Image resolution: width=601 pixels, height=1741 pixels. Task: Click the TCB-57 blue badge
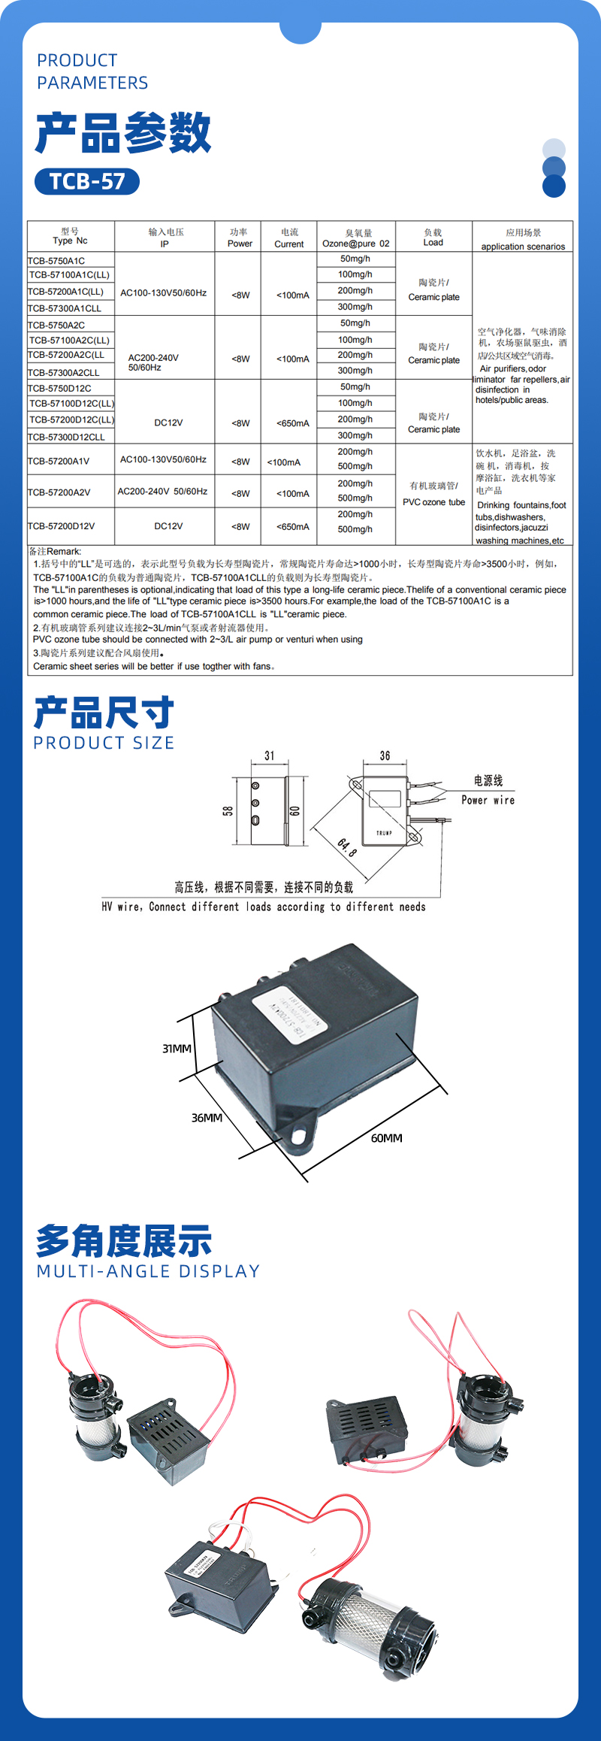(x=87, y=181)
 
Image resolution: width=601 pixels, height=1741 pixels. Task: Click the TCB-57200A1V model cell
(x=59, y=461)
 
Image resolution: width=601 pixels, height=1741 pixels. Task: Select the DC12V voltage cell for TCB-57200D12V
(x=168, y=526)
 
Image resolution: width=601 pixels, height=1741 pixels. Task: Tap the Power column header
(x=240, y=238)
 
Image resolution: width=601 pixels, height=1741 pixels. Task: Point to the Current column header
(x=289, y=238)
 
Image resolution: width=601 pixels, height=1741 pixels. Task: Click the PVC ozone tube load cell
(x=433, y=495)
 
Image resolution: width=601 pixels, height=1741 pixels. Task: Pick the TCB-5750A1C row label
(x=56, y=261)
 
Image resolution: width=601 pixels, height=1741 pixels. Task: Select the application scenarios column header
(x=523, y=239)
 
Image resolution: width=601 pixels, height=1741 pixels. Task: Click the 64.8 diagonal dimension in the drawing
(x=346, y=847)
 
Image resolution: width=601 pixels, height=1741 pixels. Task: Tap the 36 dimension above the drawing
(x=385, y=755)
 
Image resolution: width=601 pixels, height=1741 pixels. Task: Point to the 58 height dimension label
(x=228, y=810)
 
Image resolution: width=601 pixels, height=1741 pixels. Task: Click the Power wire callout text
(x=488, y=800)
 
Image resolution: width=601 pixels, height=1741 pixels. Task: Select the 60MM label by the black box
(x=386, y=1138)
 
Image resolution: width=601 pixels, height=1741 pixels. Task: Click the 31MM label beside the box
(x=177, y=1049)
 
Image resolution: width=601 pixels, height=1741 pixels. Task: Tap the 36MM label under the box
(x=207, y=1118)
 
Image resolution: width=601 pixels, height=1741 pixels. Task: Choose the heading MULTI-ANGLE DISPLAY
(x=148, y=1271)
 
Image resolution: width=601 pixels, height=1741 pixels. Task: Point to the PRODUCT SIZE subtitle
(x=104, y=743)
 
